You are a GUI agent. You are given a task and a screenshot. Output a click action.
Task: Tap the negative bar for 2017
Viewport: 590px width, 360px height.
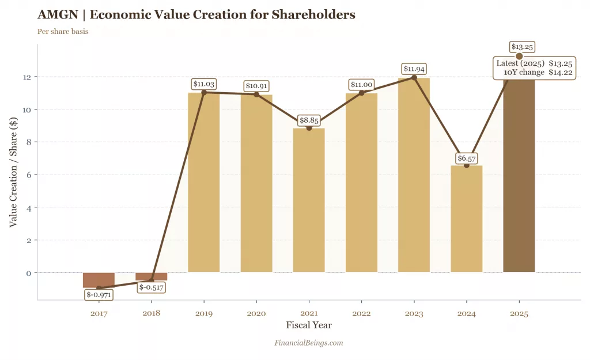click(99, 280)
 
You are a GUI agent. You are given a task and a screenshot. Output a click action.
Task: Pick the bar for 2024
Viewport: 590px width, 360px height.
click(466, 219)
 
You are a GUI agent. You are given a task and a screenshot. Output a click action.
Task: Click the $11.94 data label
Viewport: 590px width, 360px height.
click(414, 69)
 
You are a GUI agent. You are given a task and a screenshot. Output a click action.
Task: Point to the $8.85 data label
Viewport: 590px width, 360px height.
click(309, 120)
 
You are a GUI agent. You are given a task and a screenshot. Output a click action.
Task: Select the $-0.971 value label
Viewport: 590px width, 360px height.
click(99, 295)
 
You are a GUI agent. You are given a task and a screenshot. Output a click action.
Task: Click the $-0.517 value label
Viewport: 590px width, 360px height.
click(151, 287)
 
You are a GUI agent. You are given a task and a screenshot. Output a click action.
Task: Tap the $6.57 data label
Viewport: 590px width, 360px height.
click(466, 158)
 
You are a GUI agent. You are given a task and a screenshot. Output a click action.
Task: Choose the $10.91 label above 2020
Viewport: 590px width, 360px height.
click(256, 86)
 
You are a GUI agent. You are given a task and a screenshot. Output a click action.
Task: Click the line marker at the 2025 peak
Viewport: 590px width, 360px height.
click(519, 56)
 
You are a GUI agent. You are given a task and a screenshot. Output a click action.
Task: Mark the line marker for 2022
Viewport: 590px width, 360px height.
click(361, 93)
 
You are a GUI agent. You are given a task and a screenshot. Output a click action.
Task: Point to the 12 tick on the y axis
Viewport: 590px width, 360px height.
click(28, 77)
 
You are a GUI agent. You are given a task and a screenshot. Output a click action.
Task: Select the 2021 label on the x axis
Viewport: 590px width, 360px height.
click(309, 314)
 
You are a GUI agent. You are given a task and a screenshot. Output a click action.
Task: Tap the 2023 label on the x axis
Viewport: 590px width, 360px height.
click(414, 314)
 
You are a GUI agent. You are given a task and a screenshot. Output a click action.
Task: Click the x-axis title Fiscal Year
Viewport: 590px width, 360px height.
click(309, 325)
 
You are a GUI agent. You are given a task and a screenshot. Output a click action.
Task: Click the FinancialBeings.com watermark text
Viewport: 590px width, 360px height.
click(309, 343)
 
